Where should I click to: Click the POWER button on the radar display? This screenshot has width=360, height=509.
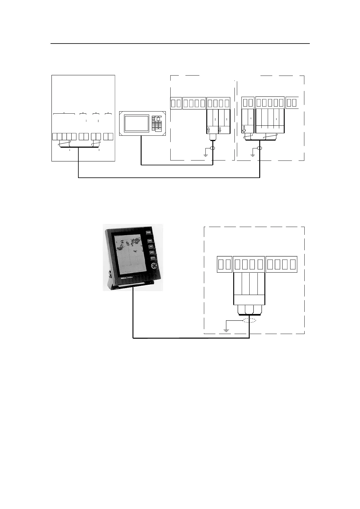(x=148, y=232)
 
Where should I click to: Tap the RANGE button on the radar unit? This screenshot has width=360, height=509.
(x=149, y=241)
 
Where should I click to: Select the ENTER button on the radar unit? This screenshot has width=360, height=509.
(x=152, y=258)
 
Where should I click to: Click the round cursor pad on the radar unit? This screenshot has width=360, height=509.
(x=154, y=266)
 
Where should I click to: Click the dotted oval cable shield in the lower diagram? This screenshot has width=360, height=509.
(x=249, y=320)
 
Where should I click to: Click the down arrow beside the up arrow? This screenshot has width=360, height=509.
(x=220, y=131)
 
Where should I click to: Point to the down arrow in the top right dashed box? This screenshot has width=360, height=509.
(x=244, y=130)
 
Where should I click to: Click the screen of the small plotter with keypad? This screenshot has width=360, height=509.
(x=137, y=123)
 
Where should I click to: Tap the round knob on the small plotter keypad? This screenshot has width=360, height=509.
(x=158, y=119)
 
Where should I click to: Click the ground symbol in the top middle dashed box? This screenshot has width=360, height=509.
(x=205, y=154)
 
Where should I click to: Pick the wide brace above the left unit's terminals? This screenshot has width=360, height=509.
(x=64, y=114)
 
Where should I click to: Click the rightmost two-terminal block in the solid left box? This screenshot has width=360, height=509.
(x=108, y=136)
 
